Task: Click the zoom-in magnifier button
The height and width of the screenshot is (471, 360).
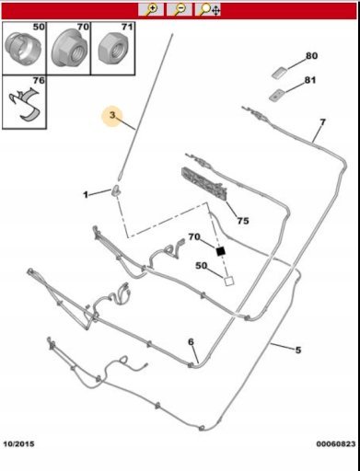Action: (150, 9)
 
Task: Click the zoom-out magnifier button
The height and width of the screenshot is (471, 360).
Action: (180, 9)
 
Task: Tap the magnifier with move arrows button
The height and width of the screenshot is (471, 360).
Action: (208, 9)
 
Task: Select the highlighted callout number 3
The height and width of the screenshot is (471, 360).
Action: (112, 115)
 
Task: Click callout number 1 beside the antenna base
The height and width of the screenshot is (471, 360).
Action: (86, 194)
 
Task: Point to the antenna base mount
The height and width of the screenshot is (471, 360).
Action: (116, 190)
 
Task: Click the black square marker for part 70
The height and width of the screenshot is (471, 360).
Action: (220, 251)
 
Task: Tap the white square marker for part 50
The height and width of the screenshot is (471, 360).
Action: (228, 281)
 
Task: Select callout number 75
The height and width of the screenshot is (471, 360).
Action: (243, 221)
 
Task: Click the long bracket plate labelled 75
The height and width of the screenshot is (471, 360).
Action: (204, 184)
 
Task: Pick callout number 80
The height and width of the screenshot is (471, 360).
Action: (311, 56)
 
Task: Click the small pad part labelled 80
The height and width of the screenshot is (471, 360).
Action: (280, 73)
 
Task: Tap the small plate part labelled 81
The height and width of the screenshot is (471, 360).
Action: (277, 95)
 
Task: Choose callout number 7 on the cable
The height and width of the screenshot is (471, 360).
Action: (322, 122)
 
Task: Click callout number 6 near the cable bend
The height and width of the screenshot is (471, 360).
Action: (191, 341)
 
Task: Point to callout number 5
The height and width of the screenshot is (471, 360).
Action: (298, 350)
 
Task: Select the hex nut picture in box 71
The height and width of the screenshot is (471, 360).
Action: (113, 50)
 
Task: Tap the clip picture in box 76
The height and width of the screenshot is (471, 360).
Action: (24, 104)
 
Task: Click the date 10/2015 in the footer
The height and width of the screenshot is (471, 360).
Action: (18, 444)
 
